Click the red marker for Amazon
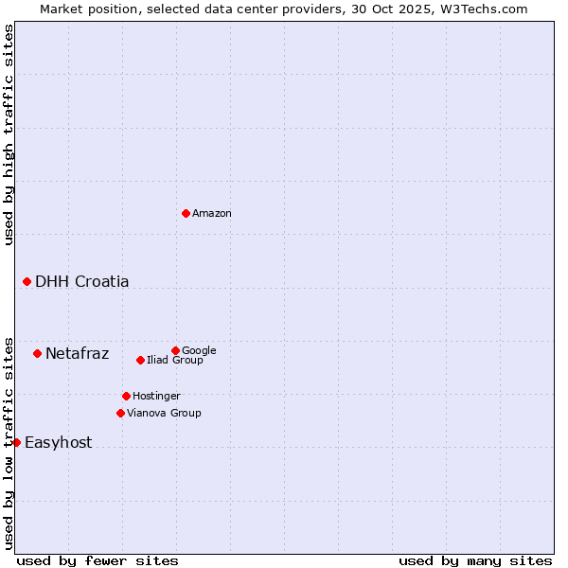[186, 213]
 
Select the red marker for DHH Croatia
[27, 281]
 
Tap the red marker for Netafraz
[37, 353]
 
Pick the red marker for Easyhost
[16, 442]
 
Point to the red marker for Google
[175, 350]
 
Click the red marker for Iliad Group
[140, 360]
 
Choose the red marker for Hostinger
[126, 396]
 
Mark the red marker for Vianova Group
[120, 413]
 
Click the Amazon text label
[212, 214]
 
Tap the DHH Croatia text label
[82, 282]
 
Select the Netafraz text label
[78, 354]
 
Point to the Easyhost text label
[59, 443]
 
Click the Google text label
[199, 350]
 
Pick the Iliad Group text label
[175, 360]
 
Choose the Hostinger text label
[156, 396]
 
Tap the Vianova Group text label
[164, 413]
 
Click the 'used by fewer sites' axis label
[98, 560]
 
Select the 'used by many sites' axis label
[475, 560]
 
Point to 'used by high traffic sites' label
[9, 134]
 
